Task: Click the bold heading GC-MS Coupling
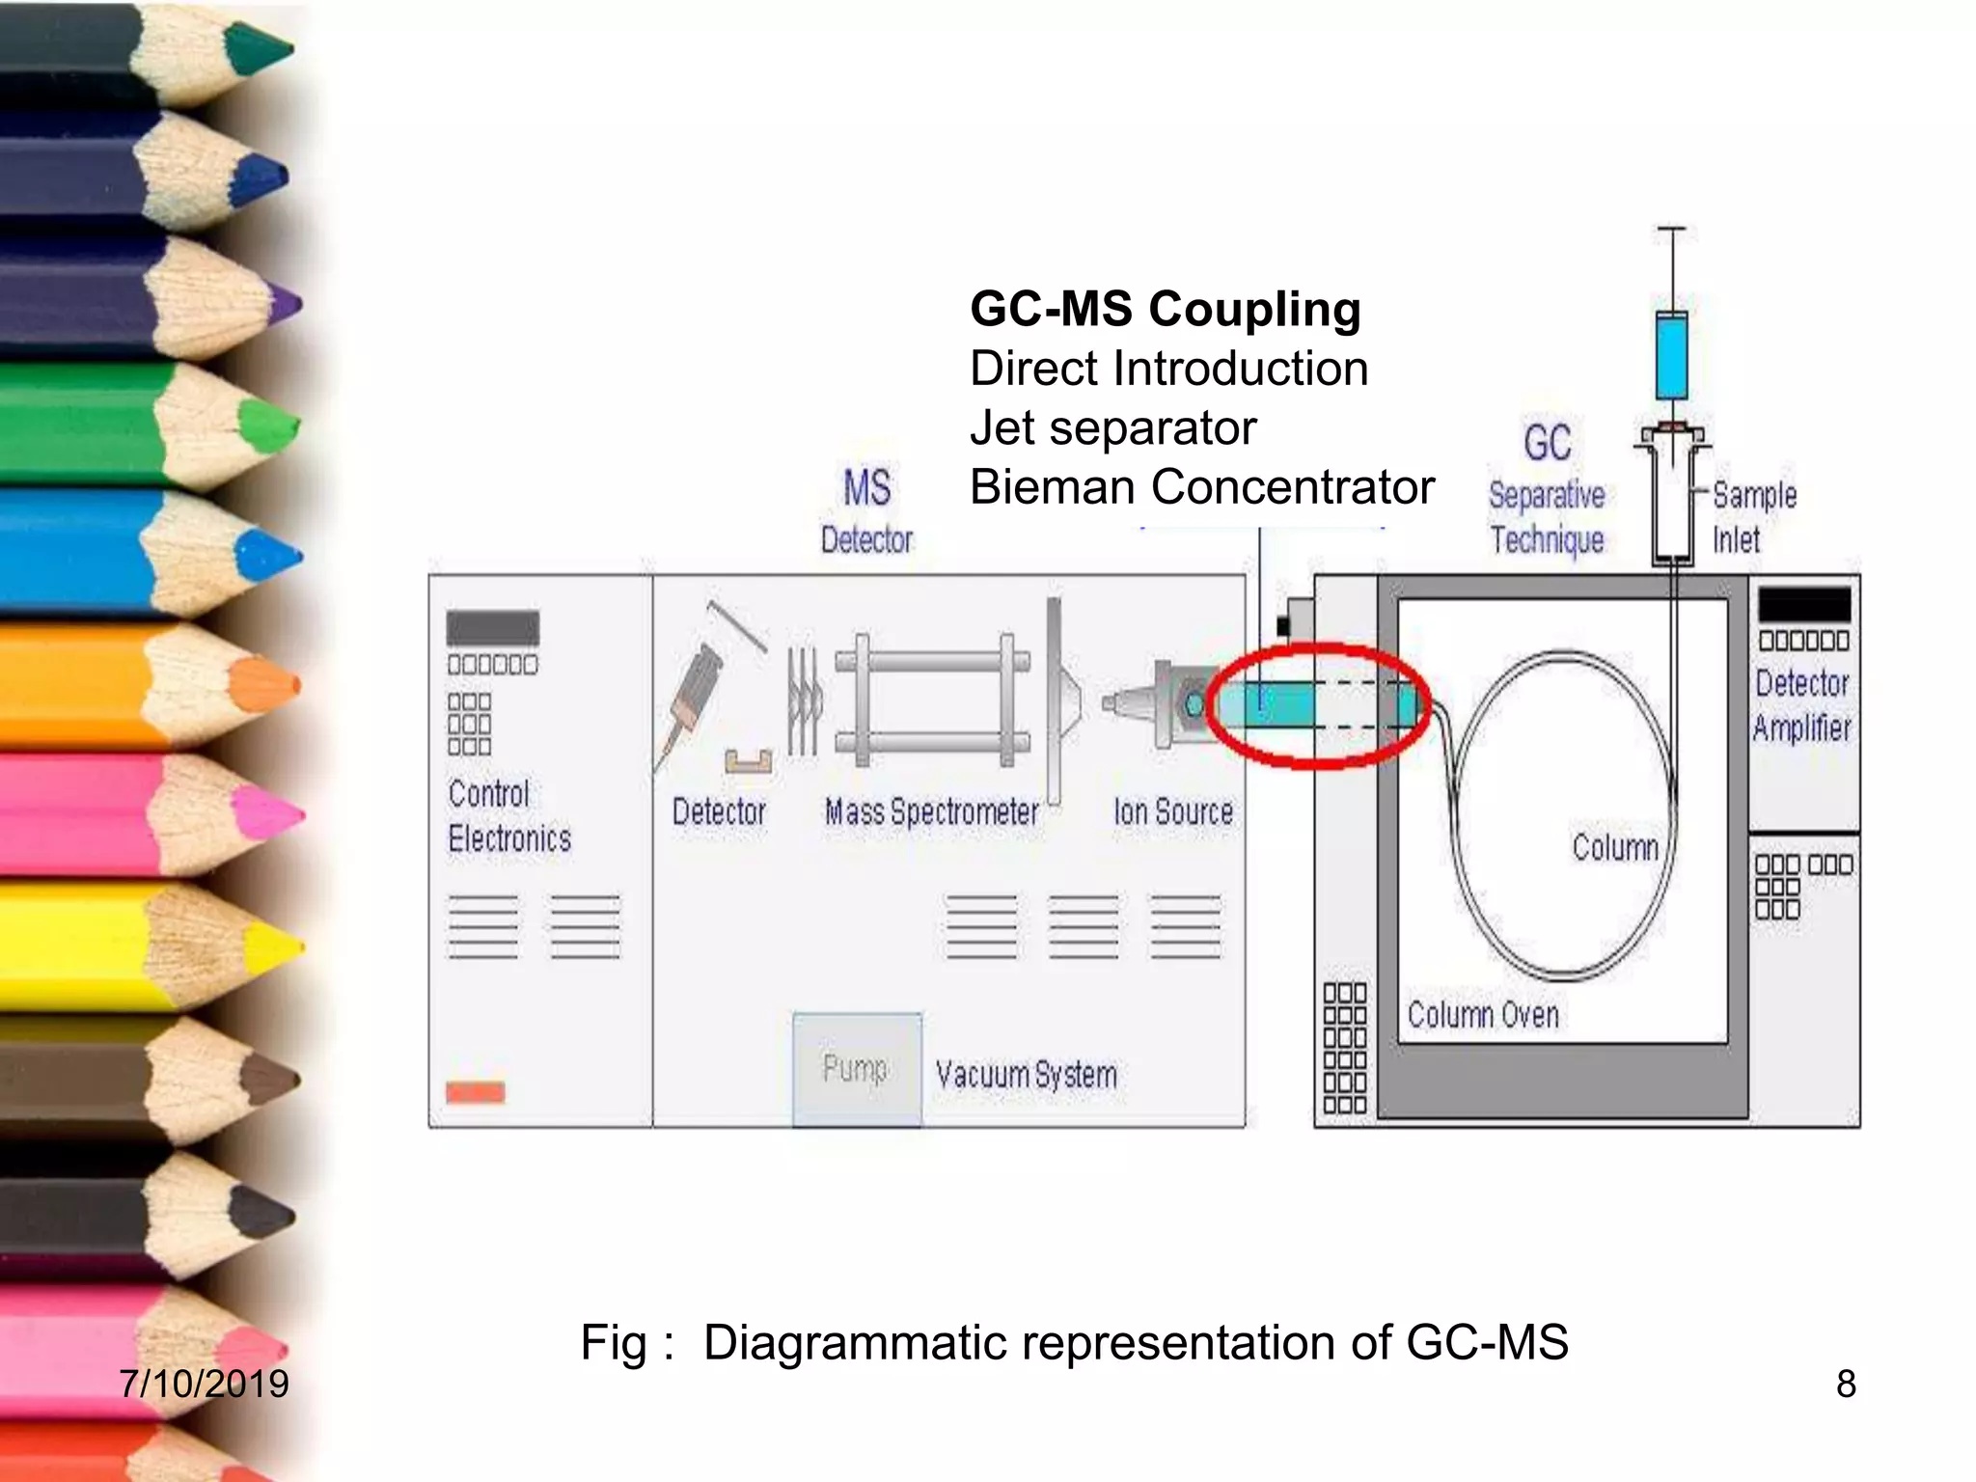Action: pos(1166,311)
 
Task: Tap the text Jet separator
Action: pos(1113,427)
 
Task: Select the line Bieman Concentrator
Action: pos(1202,487)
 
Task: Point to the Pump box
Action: pos(857,1069)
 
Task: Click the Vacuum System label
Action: pos(1027,1074)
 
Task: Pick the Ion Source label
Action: pos(1173,811)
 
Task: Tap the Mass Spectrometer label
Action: pos(932,812)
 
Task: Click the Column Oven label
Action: pos(1483,1014)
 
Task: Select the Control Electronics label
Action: pos(508,816)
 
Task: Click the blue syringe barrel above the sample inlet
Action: pos(1672,355)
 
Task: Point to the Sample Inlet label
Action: pos(1754,517)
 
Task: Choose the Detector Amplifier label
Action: pos(1802,705)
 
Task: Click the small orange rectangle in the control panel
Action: pos(476,1092)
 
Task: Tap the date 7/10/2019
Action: pos(204,1384)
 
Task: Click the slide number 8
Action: pos(1846,1384)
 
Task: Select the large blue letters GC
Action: pos(1548,443)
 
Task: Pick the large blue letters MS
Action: pos(866,487)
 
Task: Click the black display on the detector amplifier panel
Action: pos(1804,604)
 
